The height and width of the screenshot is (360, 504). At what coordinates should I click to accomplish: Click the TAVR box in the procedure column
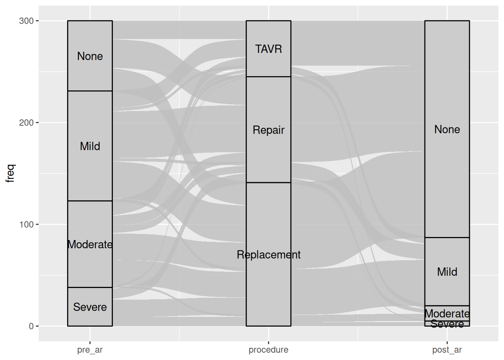click(x=268, y=49)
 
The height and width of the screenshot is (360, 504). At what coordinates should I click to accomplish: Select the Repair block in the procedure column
click(x=268, y=130)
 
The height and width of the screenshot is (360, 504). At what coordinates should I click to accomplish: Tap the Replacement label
click(x=268, y=255)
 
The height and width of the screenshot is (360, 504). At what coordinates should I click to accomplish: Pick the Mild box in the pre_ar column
click(x=90, y=146)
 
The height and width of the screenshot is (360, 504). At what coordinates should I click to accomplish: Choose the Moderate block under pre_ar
click(x=90, y=244)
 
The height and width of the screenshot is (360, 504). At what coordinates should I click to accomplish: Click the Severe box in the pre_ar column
click(x=90, y=307)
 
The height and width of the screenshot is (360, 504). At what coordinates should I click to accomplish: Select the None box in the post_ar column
click(x=447, y=129)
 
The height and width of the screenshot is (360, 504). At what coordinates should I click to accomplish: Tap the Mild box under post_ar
click(x=447, y=271)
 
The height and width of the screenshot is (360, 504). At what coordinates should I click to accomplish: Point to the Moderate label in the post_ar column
click(x=447, y=313)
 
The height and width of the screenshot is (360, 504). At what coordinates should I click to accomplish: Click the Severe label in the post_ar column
click(x=447, y=324)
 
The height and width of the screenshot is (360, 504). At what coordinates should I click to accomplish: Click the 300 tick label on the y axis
click(x=26, y=21)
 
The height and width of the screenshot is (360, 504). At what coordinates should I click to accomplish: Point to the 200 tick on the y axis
click(x=26, y=123)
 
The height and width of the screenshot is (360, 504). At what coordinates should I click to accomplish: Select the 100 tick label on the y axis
click(x=26, y=224)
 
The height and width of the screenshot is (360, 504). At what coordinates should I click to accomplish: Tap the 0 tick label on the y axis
click(x=31, y=326)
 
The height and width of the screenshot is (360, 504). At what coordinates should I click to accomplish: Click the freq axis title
click(x=10, y=173)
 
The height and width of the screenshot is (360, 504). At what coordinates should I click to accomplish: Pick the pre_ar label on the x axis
click(x=90, y=350)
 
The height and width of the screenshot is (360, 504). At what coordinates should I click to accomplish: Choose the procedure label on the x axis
click(x=268, y=350)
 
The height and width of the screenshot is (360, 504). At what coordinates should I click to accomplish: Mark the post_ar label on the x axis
click(x=447, y=350)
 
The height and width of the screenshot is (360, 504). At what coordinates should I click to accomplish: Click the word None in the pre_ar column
click(x=90, y=56)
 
